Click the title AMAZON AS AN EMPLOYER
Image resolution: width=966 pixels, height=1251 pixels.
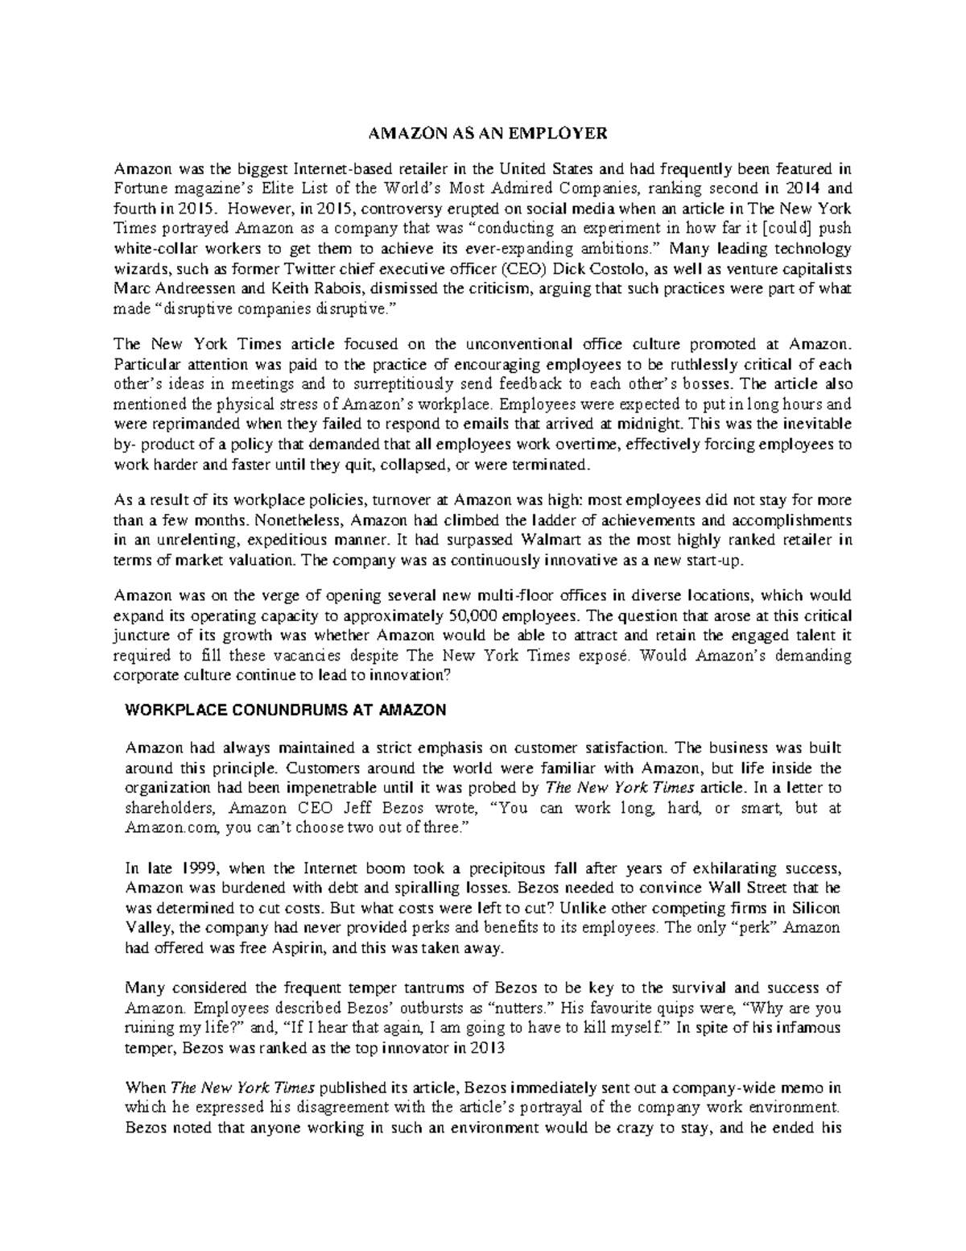pyautogui.click(x=483, y=132)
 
